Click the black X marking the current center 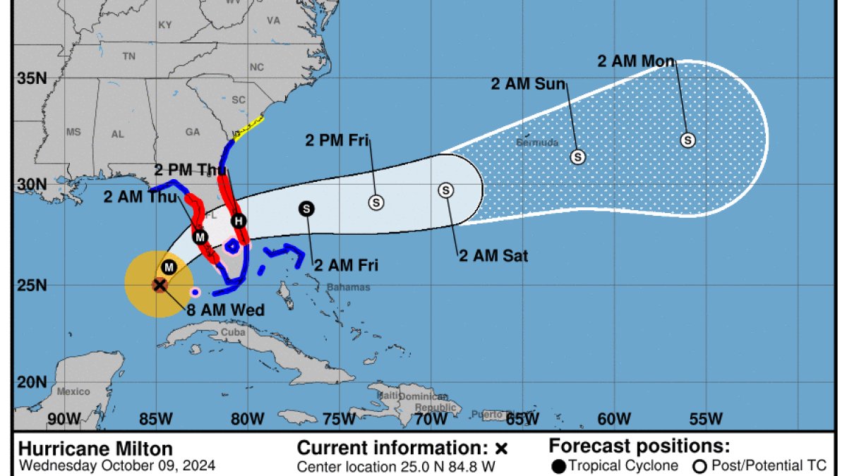160,285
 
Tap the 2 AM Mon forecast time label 636,61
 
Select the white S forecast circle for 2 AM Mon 687,140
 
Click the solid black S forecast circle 306,208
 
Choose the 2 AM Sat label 493,255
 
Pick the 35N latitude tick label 32,78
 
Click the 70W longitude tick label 430,419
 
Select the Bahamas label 348,288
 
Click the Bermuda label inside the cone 537,143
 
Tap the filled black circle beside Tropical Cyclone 558,466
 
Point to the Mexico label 73,391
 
